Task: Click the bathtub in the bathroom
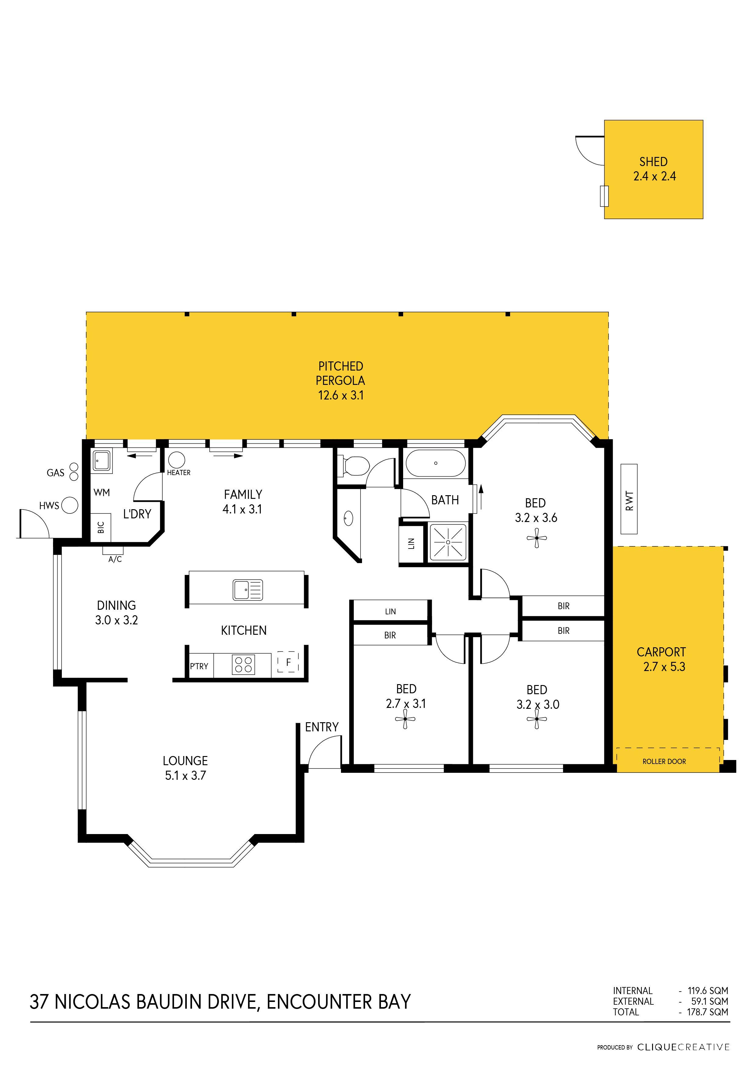pos(436,463)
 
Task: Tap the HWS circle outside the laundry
pos(70,505)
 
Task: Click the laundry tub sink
pos(101,460)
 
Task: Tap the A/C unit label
pos(115,559)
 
